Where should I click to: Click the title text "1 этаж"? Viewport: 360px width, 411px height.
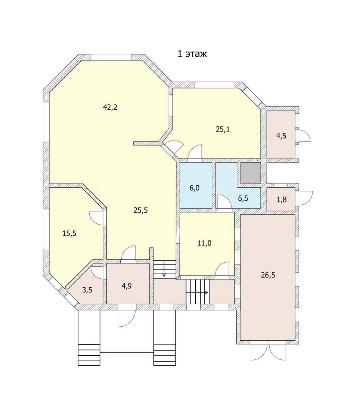[192, 54]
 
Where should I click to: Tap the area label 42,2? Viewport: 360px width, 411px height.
[110, 107]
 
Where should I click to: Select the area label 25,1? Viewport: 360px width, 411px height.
[223, 129]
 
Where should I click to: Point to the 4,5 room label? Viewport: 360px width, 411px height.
[281, 136]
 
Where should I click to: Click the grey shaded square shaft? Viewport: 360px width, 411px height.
[251, 173]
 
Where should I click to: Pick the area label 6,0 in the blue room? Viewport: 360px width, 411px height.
[195, 188]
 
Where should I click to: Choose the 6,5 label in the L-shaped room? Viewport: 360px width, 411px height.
[243, 198]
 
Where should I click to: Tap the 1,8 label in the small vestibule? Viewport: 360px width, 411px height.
[282, 200]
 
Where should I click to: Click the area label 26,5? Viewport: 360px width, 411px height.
[268, 275]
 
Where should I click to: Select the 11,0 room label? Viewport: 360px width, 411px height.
[204, 243]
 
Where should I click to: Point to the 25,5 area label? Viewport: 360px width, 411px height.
[141, 210]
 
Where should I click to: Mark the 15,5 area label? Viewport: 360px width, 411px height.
[69, 233]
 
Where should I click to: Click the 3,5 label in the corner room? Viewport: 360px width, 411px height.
[87, 290]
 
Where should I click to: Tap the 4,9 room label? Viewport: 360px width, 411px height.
[127, 286]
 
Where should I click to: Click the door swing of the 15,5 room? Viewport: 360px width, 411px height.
[96, 217]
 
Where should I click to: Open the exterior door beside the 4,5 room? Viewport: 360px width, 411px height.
[304, 136]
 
